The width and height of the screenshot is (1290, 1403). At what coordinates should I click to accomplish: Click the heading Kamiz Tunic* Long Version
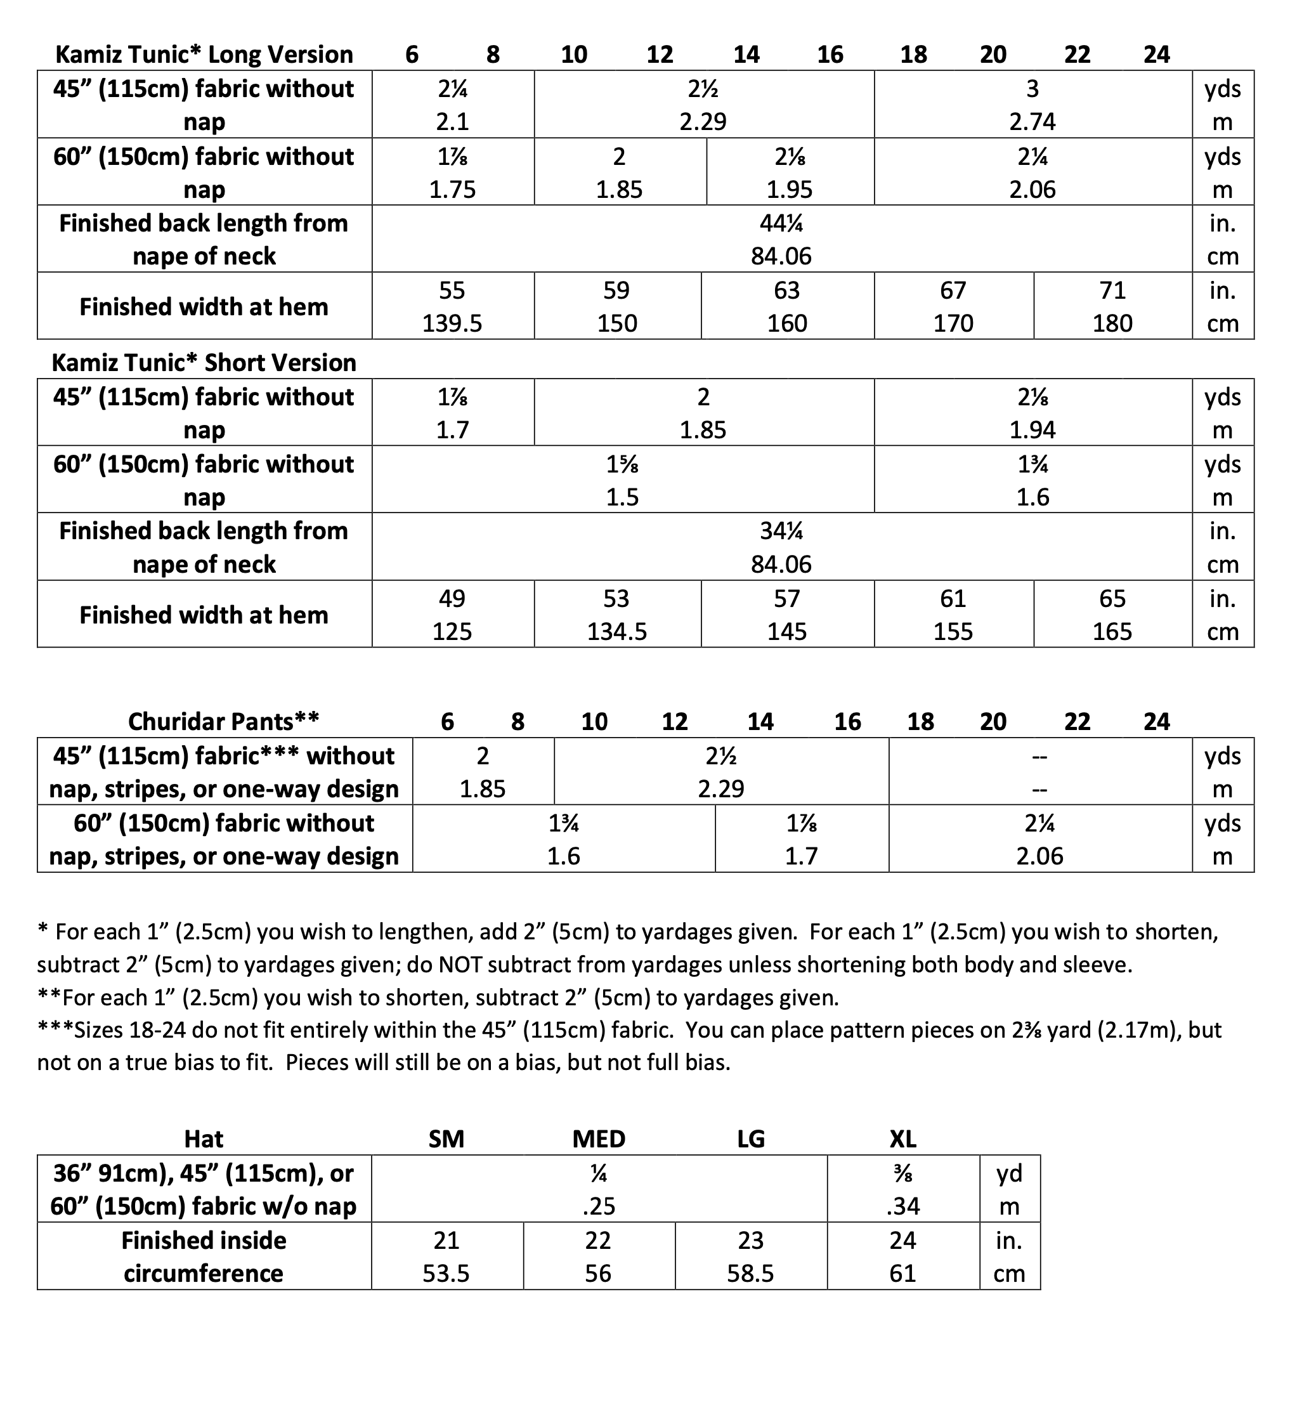[x=204, y=55]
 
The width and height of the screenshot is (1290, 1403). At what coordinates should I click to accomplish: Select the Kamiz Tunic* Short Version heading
[x=204, y=363]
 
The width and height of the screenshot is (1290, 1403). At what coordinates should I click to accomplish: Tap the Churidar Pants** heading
[x=223, y=721]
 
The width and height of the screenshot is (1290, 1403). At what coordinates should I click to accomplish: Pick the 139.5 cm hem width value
[x=452, y=324]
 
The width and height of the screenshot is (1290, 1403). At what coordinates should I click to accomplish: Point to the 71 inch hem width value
[x=1112, y=290]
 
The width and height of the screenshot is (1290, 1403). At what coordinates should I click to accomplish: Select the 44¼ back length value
[x=781, y=223]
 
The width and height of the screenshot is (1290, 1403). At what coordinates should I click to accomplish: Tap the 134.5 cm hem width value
[x=617, y=632]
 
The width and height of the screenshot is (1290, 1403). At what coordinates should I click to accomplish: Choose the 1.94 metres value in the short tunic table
[x=1033, y=430]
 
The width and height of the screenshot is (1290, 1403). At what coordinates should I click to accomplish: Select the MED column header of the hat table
[x=598, y=1139]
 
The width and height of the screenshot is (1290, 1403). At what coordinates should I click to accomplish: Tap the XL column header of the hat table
[x=902, y=1139]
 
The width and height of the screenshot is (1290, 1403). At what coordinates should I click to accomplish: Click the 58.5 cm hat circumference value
[x=750, y=1274]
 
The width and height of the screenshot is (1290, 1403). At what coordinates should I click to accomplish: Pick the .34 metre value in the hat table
[x=902, y=1206]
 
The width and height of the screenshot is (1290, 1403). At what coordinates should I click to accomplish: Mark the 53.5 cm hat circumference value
[x=446, y=1274]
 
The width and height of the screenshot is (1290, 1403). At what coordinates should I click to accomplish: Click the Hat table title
[x=203, y=1139]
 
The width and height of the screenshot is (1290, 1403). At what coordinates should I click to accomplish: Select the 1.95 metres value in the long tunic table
[x=790, y=190]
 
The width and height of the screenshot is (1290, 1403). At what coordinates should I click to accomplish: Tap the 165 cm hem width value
[x=1112, y=632]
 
